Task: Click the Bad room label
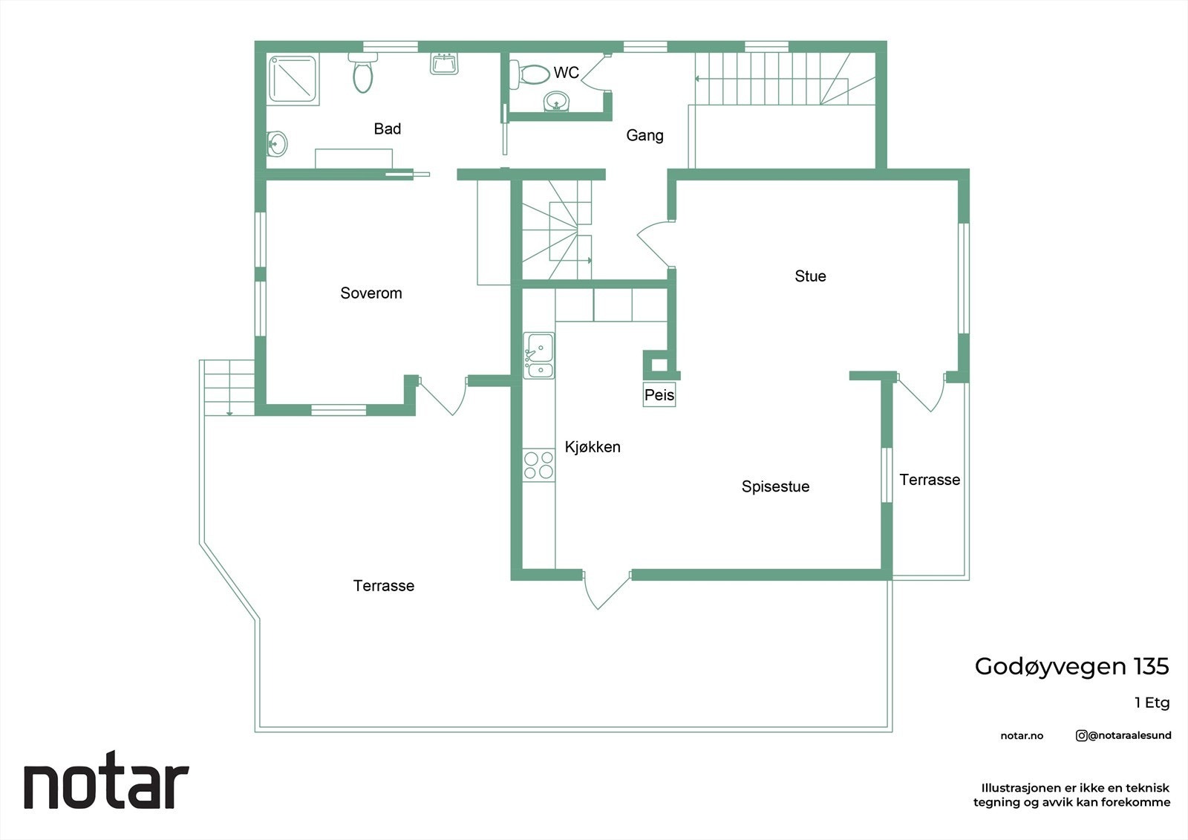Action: (x=387, y=128)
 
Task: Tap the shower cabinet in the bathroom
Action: (x=293, y=79)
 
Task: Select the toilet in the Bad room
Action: (x=363, y=73)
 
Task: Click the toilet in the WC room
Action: (x=529, y=74)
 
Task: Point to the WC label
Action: (x=566, y=73)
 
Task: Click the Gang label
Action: (x=644, y=135)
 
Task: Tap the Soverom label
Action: (x=371, y=293)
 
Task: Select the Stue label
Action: (x=810, y=276)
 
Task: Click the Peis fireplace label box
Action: (x=659, y=394)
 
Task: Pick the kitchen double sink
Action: (x=539, y=356)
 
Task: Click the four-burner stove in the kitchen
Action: (x=539, y=466)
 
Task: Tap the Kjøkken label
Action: (x=593, y=447)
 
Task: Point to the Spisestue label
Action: (x=775, y=486)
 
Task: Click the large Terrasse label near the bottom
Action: (x=383, y=586)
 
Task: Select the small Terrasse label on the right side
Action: (x=930, y=480)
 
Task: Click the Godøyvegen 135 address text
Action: (x=1071, y=667)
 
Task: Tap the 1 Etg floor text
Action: (x=1152, y=703)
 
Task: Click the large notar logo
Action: (x=107, y=780)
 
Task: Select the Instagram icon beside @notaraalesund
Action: (x=1081, y=735)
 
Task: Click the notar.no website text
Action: (x=1022, y=736)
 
